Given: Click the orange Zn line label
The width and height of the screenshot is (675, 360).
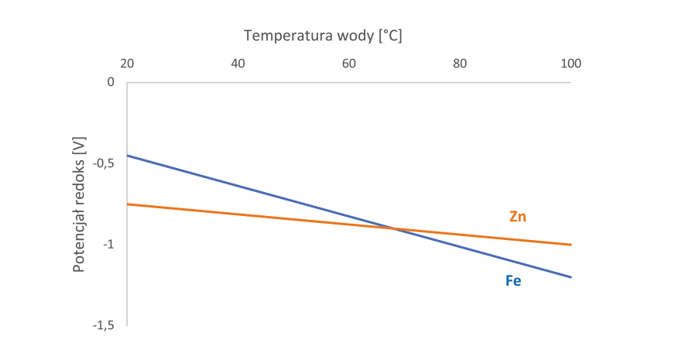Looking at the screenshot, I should (518, 217).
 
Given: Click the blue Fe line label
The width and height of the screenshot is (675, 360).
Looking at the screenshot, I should (513, 281).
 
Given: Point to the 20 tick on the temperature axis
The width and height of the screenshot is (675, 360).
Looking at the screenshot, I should (127, 63).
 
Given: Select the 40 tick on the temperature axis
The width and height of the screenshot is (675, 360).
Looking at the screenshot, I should (238, 63).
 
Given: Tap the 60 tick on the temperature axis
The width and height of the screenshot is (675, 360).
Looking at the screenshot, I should (349, 63).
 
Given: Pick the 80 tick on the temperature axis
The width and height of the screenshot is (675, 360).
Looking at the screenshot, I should (460, 63).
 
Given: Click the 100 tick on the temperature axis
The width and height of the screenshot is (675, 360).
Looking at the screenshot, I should (570, 63).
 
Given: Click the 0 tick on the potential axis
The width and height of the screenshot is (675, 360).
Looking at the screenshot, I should (111, 82).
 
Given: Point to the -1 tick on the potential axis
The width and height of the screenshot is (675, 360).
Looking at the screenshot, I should (107, 245).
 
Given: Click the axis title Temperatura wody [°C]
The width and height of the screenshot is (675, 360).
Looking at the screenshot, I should (323, 36).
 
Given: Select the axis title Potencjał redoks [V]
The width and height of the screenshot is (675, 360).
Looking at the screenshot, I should (79, 204).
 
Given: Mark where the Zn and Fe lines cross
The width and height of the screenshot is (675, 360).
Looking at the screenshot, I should (393, 228).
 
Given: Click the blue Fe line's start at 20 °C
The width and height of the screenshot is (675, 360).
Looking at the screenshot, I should (127, 156).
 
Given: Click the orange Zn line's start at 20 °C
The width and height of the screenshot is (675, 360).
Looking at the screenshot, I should (127, 204).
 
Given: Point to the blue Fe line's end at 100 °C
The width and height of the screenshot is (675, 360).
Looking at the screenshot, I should (570, 277).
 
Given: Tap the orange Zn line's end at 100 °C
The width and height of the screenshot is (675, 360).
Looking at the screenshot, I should (570, 245).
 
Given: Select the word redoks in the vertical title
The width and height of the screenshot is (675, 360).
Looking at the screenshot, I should (79, 175).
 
